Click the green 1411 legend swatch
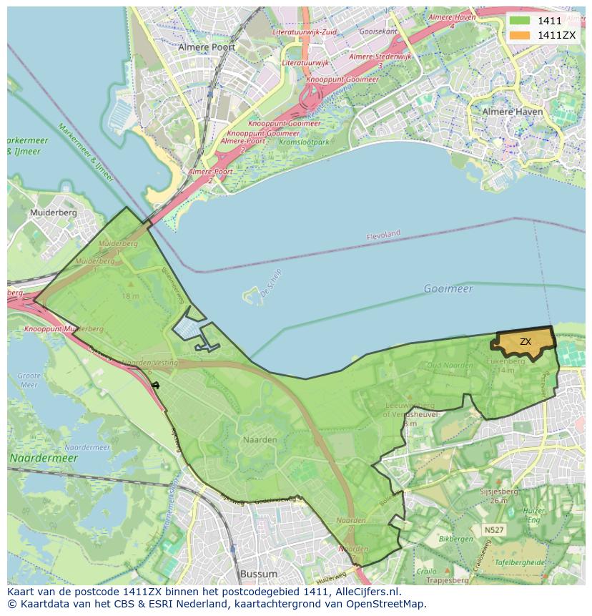pyautogui.click(x=519, y=21)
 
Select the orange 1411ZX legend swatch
pyautogui.click(x=519, y=35)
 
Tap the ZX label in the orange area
pyautogui.click(x=526, y=342)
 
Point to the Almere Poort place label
pyautogui.click(x=207, y=47)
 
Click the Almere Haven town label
pyautogui.click(x=511, y=112)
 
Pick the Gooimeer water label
pyautogui.click(x=448, y=288)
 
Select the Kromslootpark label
pyautogui.click(x=304, y=142)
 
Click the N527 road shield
pyautogui.click(x=492, y=530)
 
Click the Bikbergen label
pyautogui.click(x=456, y=538)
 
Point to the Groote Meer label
pyautogui.click(x=29, y=380)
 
